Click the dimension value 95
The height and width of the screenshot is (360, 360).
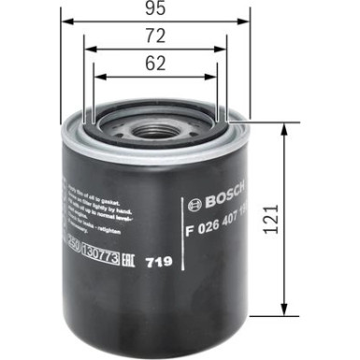[x=157, y=12]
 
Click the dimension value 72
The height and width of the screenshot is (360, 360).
[x=157, y=36]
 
